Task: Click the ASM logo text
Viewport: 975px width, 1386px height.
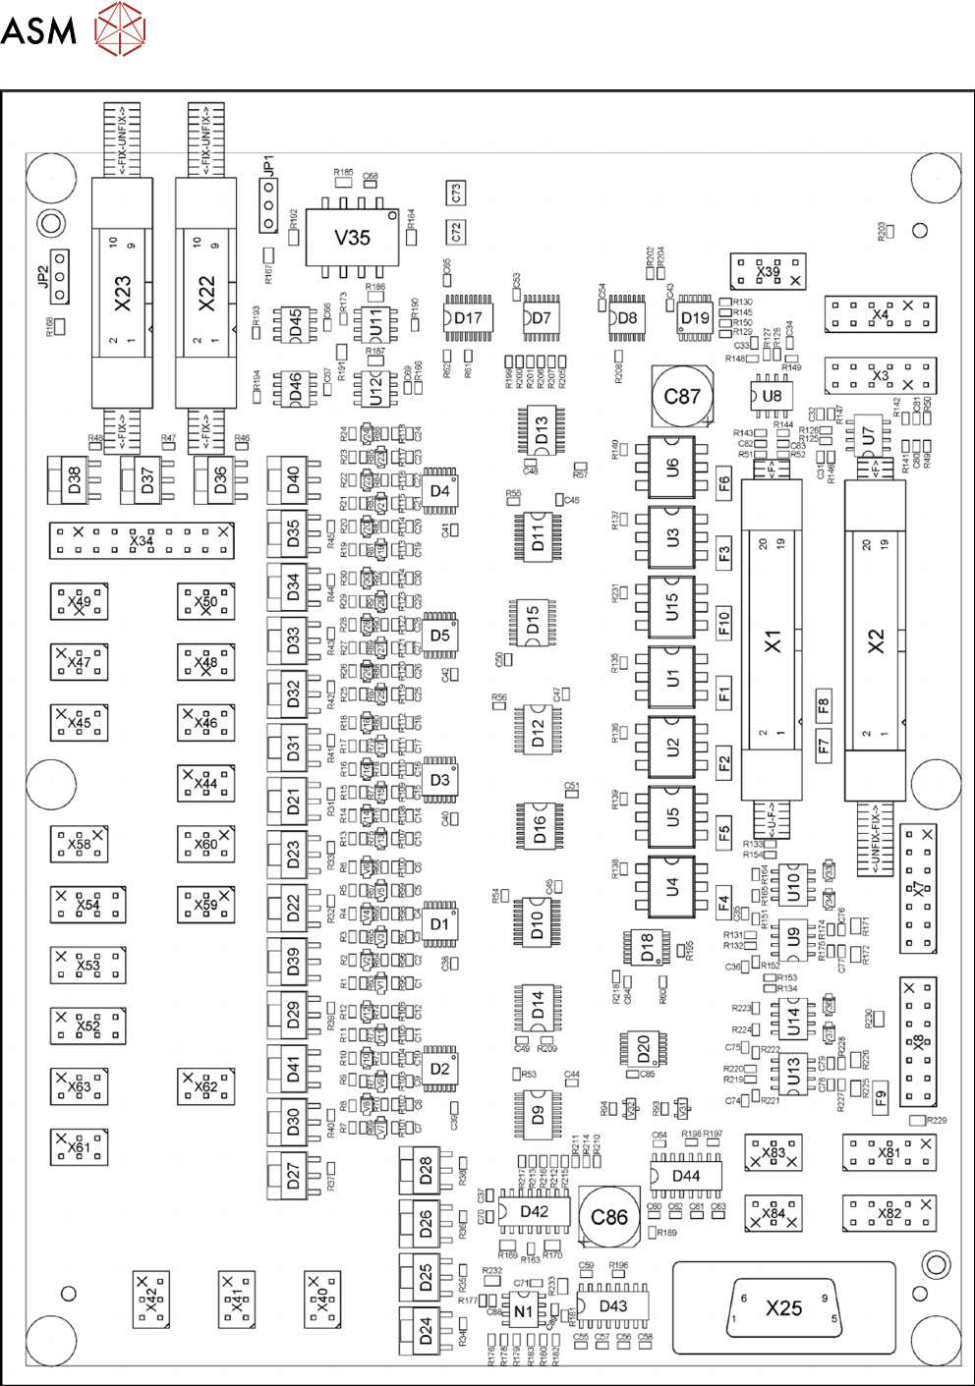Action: click(x=38, y=30)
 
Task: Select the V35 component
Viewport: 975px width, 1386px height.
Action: click(x=352, y=237)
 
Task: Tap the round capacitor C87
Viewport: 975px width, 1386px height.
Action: click(x=681, y=396)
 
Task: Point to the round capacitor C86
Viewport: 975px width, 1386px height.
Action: click(x=608, y=1217)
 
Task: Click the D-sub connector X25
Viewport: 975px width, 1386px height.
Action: click(x=783, y=1307)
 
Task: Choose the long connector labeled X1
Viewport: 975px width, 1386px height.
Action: click(x=773, y=640)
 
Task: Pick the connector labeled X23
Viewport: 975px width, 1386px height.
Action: click(x=122, y=292)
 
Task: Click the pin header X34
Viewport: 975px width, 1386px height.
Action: click(x=142, y=540)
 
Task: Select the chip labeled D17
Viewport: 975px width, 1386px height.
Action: click(x=468, y=317)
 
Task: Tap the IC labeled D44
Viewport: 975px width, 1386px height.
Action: click(x=686, y=1176)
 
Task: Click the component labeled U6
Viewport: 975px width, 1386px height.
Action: click(x=672, y=467)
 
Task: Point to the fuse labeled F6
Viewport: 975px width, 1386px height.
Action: click(x=724, y=483)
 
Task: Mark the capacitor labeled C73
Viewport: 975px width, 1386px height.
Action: click(x=456, y=194)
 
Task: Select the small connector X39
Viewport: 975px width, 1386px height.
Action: click(x=768, y=271)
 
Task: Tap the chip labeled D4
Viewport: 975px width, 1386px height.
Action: click(x=439, y=490)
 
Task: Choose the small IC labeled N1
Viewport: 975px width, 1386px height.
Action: click(x=523, y=1310)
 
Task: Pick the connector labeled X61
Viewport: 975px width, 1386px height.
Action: click(x=79, y=1146)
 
